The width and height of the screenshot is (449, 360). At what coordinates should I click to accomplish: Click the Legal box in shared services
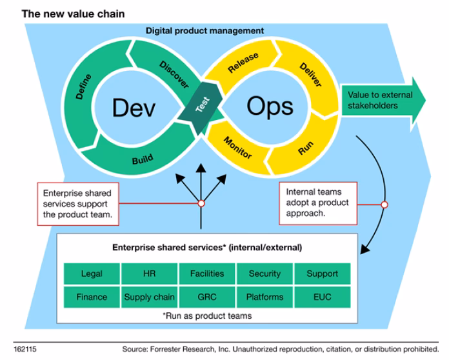pos(92,274)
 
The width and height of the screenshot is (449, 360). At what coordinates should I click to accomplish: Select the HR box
pos(149,274)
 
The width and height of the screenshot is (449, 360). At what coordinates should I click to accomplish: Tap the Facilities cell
pos(206,274)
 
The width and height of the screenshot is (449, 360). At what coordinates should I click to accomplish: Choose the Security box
pos(264,274)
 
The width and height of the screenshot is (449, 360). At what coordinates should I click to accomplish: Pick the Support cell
pos(322,274)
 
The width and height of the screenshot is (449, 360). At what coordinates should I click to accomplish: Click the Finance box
pos(92,297)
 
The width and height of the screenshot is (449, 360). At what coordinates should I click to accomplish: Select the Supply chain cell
pos(149,297)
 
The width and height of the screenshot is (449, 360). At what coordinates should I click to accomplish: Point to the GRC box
pos(206,297)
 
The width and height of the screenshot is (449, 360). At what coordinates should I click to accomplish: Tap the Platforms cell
pos(264,297)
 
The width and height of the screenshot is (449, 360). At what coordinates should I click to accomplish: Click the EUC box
pos(322,297)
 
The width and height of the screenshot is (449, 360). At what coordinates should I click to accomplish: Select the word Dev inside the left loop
pos(134,108)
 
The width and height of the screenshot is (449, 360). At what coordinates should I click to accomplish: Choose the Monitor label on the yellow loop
pos(237,148)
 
